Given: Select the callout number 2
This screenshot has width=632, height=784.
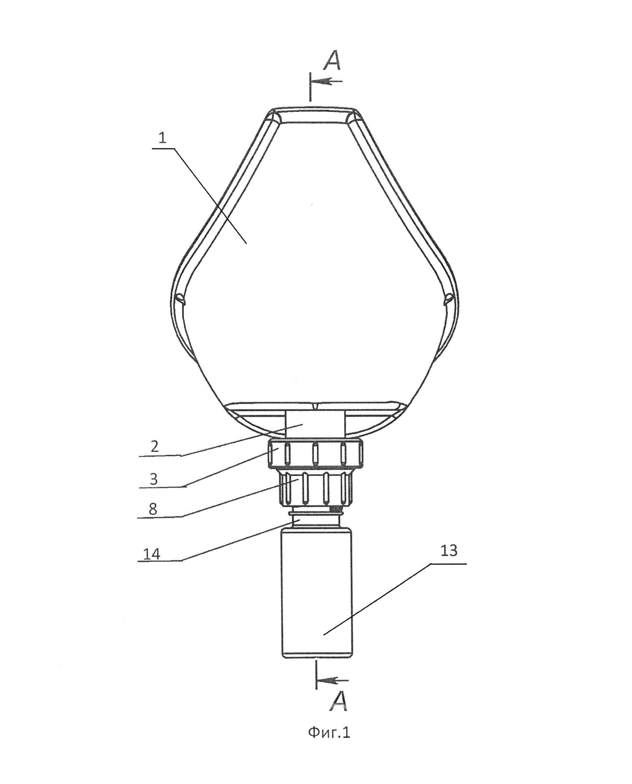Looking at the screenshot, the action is click(x=154, y=447).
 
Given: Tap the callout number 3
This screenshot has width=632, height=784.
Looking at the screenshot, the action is click(x=154, y=479).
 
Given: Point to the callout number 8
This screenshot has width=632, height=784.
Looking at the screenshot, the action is click(x=153, y=509).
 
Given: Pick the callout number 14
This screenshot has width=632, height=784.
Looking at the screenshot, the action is click(x=151, y=554).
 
